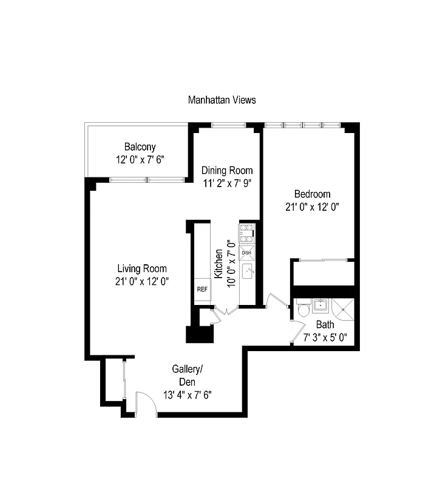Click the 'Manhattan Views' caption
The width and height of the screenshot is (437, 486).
(x=222, y=100)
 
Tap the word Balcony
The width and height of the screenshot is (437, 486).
(x=140, y=146)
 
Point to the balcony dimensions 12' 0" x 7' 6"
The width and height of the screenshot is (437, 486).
(x=140, y=159)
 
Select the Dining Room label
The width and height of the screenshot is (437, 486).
(x=227, y=170)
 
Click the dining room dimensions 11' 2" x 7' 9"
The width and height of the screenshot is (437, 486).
(x=227, y=183)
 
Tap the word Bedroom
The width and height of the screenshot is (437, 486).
(x=312, y=194)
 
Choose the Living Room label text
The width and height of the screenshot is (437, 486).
(x=142, y=269)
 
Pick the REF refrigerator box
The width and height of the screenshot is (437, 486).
(x=202, y=289)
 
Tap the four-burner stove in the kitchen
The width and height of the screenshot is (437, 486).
(x=248, y=234)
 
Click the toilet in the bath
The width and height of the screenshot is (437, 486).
(x=303, y=311)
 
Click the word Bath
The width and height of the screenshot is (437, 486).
(x=325, y=325)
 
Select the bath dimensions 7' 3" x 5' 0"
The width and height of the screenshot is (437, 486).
(x=325, y=338)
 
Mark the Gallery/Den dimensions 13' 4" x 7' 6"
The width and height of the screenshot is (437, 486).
(x=186, y=394)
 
